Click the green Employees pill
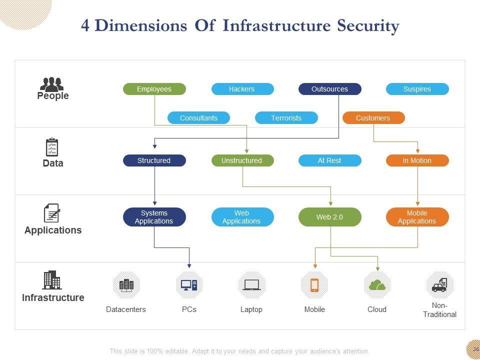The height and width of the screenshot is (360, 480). (154, 89)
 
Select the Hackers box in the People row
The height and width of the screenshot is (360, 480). (242, 89)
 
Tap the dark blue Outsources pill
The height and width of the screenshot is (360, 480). (329, 89)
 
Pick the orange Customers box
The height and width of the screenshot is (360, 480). (373, 118)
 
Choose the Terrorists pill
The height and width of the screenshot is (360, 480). (286, 118)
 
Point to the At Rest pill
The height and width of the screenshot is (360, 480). (329, 160)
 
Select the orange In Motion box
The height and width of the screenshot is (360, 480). (417, 160)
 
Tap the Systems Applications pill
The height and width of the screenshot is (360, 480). (154, 217)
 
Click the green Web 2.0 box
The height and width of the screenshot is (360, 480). (329, 217)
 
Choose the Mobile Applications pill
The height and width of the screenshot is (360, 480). (417, 217)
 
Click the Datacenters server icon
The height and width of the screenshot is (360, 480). (126, 285)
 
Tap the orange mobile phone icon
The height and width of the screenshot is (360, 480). (314, 285)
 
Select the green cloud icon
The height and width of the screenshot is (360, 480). (377, 285)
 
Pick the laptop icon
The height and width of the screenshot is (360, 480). (251, 285)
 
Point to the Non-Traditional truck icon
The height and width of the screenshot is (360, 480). (439, 285)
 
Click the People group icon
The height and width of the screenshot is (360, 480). (52, 84)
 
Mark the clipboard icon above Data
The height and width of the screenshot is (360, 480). (52, 147)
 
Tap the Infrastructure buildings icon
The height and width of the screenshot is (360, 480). (51, 280)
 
